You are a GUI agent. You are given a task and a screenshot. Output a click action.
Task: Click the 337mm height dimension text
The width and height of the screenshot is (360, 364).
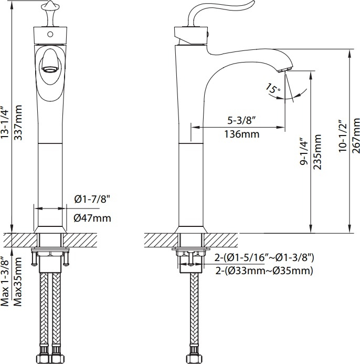[18, 122]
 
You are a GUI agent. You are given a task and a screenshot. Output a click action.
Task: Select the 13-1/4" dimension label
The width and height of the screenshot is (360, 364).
[5, 122]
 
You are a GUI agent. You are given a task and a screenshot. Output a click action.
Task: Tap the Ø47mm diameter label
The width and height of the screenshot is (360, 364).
[92, 218]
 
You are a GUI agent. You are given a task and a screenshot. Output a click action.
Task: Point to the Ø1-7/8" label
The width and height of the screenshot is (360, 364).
[92, 199]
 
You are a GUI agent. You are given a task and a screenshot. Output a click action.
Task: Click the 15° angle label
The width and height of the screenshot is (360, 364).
[273, 89]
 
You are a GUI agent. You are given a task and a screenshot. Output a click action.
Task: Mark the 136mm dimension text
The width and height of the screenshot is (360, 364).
[241, 134]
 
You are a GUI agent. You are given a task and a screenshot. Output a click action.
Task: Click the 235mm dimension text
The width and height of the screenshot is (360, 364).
[317, 152]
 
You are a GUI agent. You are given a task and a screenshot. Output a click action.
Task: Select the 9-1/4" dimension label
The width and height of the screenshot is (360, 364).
[304, 152]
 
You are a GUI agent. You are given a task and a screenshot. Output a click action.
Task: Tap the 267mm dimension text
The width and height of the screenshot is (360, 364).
[356, 136]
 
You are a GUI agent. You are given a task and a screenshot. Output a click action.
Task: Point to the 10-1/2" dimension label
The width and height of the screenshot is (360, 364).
[343, 136]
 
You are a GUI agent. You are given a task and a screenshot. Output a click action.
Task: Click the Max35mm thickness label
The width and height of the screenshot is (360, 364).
[18, 282]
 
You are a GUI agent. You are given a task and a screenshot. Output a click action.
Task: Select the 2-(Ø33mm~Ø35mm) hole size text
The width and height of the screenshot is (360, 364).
[264, 271]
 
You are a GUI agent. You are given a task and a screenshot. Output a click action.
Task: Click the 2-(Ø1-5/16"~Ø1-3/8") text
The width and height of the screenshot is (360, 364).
[264, 257]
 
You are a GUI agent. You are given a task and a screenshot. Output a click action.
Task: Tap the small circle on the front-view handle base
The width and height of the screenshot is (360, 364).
[50, 35]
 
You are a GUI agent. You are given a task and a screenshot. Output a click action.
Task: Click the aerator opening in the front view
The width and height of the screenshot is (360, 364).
[50, 69]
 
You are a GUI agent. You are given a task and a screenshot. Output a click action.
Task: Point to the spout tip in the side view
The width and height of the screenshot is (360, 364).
[284, 69]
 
